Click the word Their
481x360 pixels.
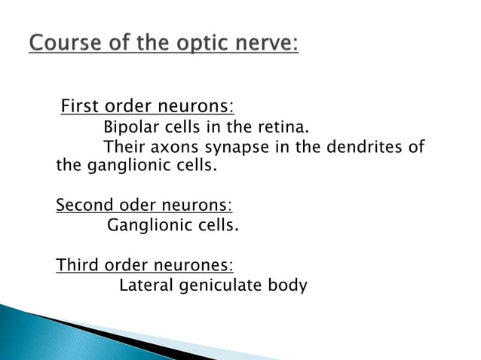tap(124, 146)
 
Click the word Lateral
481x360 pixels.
tap(145, 285)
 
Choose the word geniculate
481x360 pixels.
tap(221, 285)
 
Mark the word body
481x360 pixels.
tap(290, 286)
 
